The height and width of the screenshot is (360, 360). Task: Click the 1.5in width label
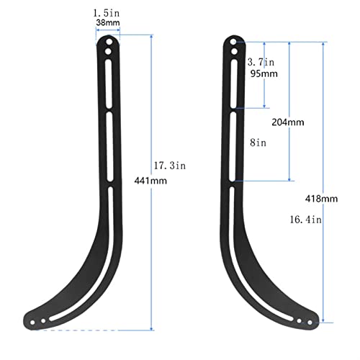click(107, 13)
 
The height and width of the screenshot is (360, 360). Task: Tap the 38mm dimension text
click(108, 22)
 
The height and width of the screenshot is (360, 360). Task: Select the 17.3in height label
click(169, 166)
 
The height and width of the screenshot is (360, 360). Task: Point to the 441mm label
click(150, 181)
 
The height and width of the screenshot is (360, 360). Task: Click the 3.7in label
click(261, 62)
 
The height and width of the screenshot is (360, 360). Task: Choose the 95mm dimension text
click(264, 73)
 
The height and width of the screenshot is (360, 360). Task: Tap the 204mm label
click(288, 122)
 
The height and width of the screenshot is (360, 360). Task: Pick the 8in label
click(258, 143)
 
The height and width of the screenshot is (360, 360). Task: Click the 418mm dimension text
click(321, 199)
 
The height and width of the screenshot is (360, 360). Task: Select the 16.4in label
click(305, 220)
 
